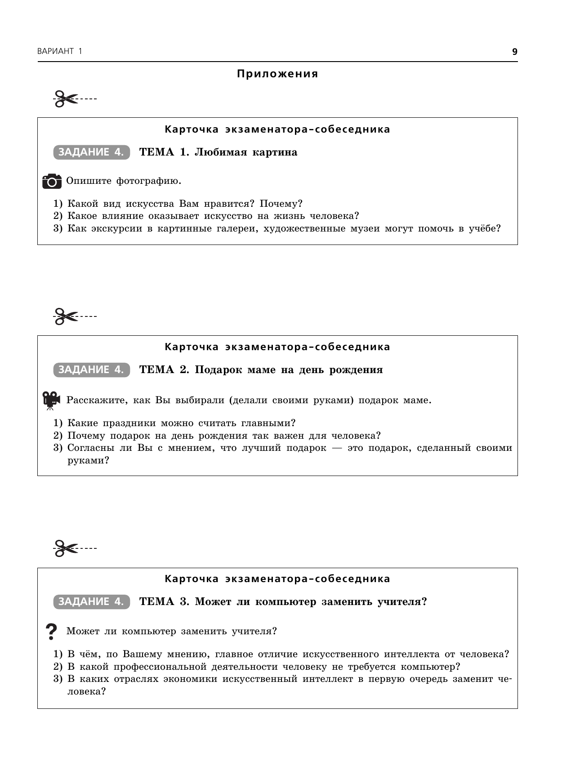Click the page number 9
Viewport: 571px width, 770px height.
(x=515, y=52)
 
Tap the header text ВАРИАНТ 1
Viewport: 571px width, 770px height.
(x=60, y=52)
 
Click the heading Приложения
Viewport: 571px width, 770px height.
(x=277, y=74)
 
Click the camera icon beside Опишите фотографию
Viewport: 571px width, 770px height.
(x=52, y=181)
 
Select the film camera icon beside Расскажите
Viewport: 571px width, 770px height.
(x=51, y=400)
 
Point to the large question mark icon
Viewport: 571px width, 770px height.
(x=52, y=632)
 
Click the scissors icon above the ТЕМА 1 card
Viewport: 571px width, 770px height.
(x=65, y=99)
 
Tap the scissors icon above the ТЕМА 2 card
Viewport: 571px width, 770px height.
(x=65, y=316)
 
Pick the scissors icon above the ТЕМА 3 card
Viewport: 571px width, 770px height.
(x=65, y=548)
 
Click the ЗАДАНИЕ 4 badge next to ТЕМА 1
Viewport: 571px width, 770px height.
(x=91, y=152)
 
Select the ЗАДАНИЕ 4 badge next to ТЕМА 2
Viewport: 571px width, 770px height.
(x=91, y=370)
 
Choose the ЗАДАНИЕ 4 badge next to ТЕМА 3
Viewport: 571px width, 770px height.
(x=91, y=602)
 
